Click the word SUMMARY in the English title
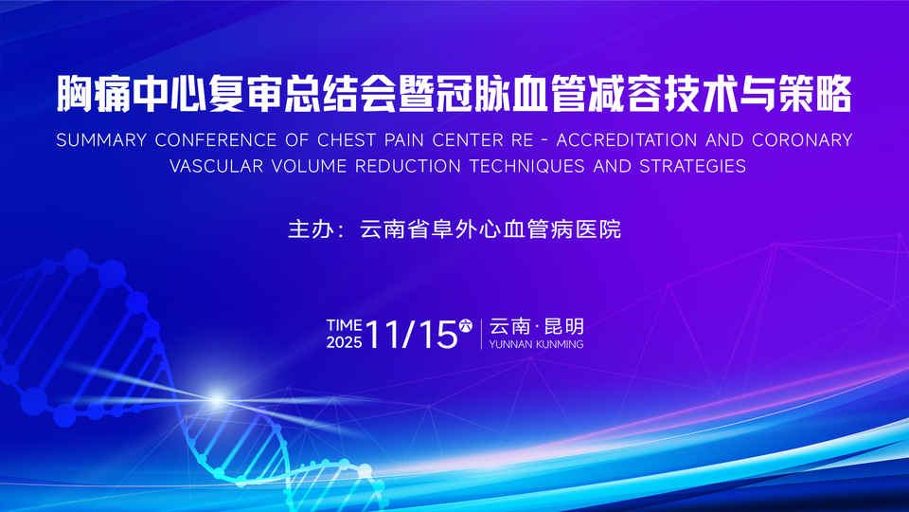coord(101,140)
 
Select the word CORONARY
coord(802,140)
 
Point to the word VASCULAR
coord(216,167)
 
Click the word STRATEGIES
coord(693,167)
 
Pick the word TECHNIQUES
coord(527,167)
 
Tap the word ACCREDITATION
coord(627,140)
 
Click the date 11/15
coord(412,335)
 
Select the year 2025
coord(344,342)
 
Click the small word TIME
coord(344,325)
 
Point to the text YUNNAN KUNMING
coord(536,344)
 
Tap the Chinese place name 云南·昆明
coord(536,326)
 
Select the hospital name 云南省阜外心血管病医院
coord(490,229)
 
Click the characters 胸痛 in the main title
coord(94,93)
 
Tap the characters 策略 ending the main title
coord(815,93)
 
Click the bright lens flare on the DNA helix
coord(218,400)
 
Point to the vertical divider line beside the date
coord(481,334)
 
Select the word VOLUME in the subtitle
coord(309,167)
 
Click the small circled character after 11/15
coord(466,325)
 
